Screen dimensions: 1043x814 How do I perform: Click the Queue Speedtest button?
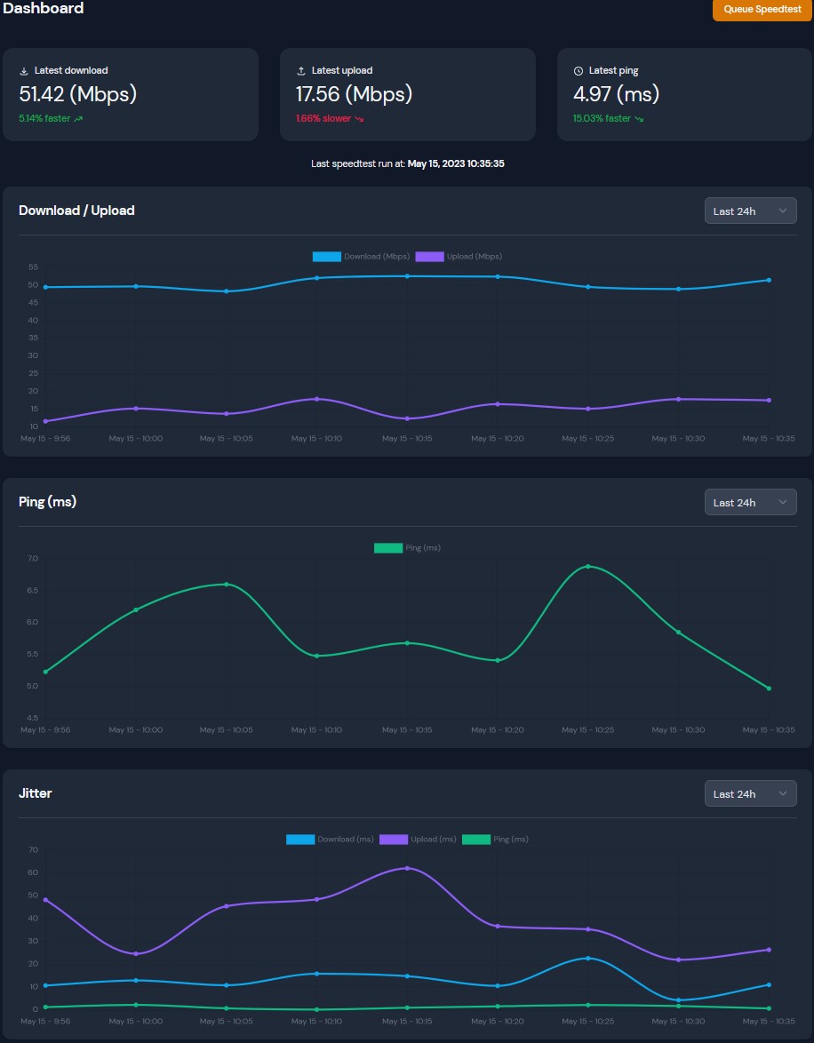[x=762, y=9]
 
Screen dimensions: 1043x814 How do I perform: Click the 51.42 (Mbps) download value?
[x=77, y=94]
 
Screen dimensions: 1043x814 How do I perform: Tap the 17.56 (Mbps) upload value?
[x=354, y=94]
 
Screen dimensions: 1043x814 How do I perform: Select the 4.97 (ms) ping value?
[x=616, y=94]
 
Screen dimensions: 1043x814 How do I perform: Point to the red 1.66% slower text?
[x=323, y=118]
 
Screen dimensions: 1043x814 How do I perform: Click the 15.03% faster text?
[x=602, y=118]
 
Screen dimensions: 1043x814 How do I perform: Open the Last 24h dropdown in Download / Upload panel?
[x=750, y=211]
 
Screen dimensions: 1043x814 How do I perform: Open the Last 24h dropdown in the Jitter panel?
[x=750, y=793]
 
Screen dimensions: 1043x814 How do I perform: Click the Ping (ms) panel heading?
[x=47, y=502]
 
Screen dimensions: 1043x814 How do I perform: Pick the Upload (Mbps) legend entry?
[x=459, y=257]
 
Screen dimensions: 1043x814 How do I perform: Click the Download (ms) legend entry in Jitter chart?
[x=331, y=840]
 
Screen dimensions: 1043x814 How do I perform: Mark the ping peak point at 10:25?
[x=587, y=567]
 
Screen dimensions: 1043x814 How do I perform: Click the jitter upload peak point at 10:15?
[x=407, y=868]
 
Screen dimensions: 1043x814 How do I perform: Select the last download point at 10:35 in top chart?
[x=769, y=280]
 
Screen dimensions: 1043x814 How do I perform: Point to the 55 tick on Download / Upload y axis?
[x=33, y=267]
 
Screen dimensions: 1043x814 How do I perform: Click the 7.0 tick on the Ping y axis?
[x=33, y=559]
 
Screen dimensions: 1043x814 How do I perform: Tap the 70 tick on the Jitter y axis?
[x=33, y=850]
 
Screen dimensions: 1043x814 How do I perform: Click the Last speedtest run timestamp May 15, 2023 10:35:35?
[x=456, y=164]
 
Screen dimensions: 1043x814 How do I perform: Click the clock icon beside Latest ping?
[x=579, y=71]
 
